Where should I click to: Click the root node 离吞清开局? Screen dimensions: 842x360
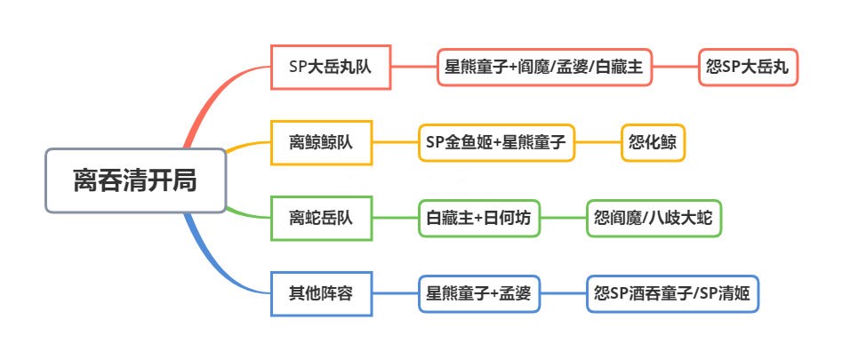pyautogui.click(x=135, y=180)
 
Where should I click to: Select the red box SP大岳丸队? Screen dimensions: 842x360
pyautogui.click(x=330, y=67)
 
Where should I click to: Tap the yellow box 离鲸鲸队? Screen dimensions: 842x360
pyautogui.click(x=321, y=143)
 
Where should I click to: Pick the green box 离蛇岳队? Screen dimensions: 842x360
pyautogui.click(x=321, y=218)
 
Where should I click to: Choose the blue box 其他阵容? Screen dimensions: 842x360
pyautogui.click(x=321, y=293)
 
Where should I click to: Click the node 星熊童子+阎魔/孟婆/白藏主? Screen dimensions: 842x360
pyautogui.click(x=544, y=67)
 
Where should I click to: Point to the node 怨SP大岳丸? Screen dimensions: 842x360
pyautogui.click(x=748, y=67)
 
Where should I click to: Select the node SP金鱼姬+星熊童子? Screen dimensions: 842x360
pyautogui.click(x=496, y=143)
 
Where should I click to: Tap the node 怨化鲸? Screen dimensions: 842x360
pyautogui.click(x=653, y=143)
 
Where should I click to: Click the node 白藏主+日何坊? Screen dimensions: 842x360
pyautogui.click(x=479, y=219)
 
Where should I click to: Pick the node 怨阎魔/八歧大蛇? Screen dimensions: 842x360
pyautogui.click(x=654, y=219)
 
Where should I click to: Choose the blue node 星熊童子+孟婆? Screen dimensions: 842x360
pyautogui.click(x=479, y=293)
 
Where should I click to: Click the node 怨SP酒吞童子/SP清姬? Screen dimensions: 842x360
pyautogui.click(x=672, y=293)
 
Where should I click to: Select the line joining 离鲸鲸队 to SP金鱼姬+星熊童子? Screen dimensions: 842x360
pyautogui.click(x=396, y=143)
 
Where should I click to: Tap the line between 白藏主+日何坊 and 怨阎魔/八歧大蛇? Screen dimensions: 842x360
pyautogui.click(x=564, y=219)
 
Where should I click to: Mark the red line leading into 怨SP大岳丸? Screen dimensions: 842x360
pyautogui.click(x=676, y=67)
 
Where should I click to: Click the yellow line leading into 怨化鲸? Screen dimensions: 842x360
pyautogui.click(x=598, y=143)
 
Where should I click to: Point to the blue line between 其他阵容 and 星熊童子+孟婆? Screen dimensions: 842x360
pyautogui.click(x=396, y=293)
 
